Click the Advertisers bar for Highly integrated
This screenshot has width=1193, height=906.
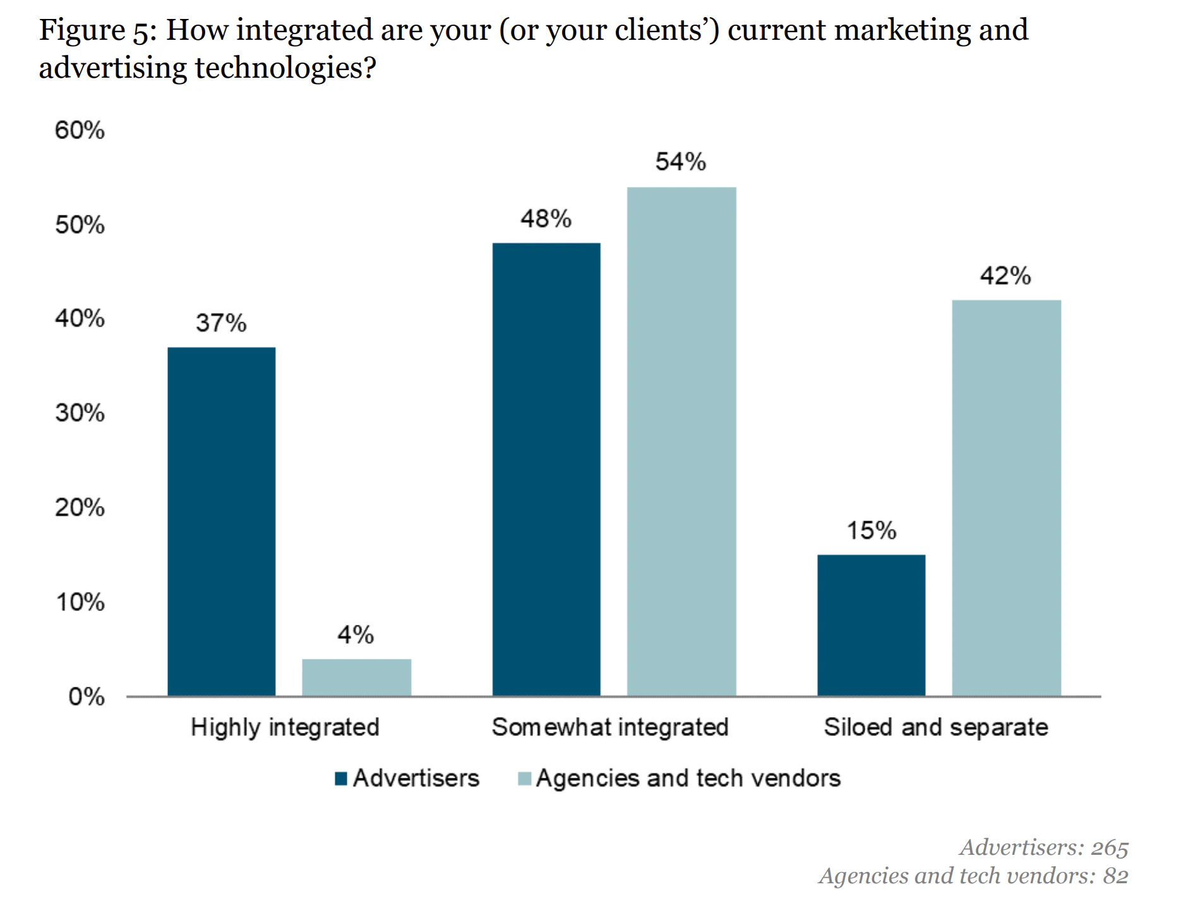(x=221, y=521)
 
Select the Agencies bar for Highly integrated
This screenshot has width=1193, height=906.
(x=356, y=677)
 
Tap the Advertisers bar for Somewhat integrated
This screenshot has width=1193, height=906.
(x=546, y=469)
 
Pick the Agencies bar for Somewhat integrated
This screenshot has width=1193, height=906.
(x=681, y=442)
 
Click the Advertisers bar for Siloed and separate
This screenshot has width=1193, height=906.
(x=871, y=625)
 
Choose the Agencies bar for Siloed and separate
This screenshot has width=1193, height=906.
(x=1006, y=498)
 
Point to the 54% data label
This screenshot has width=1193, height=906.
(x=680, y=162)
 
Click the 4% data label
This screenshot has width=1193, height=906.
(x=356, y=634)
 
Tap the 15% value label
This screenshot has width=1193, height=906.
(x=871, y=531)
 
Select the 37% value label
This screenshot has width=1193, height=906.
(x=221, y=323)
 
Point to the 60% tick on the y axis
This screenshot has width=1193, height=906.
(x=80, y=130)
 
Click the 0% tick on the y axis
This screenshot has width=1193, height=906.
(x=87, y=696)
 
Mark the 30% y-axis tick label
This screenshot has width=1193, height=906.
(x=80, y=413)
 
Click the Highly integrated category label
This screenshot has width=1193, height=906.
(x=285, y=727)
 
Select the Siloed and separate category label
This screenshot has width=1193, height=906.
(x=935, y=727)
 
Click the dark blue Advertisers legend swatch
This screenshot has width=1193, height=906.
(x=341, y=778)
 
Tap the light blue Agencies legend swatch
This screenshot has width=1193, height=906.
(x=524, y=778)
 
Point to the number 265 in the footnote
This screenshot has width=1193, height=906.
(x=1109, y=847)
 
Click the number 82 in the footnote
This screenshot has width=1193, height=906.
(x=1115, y=876)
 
